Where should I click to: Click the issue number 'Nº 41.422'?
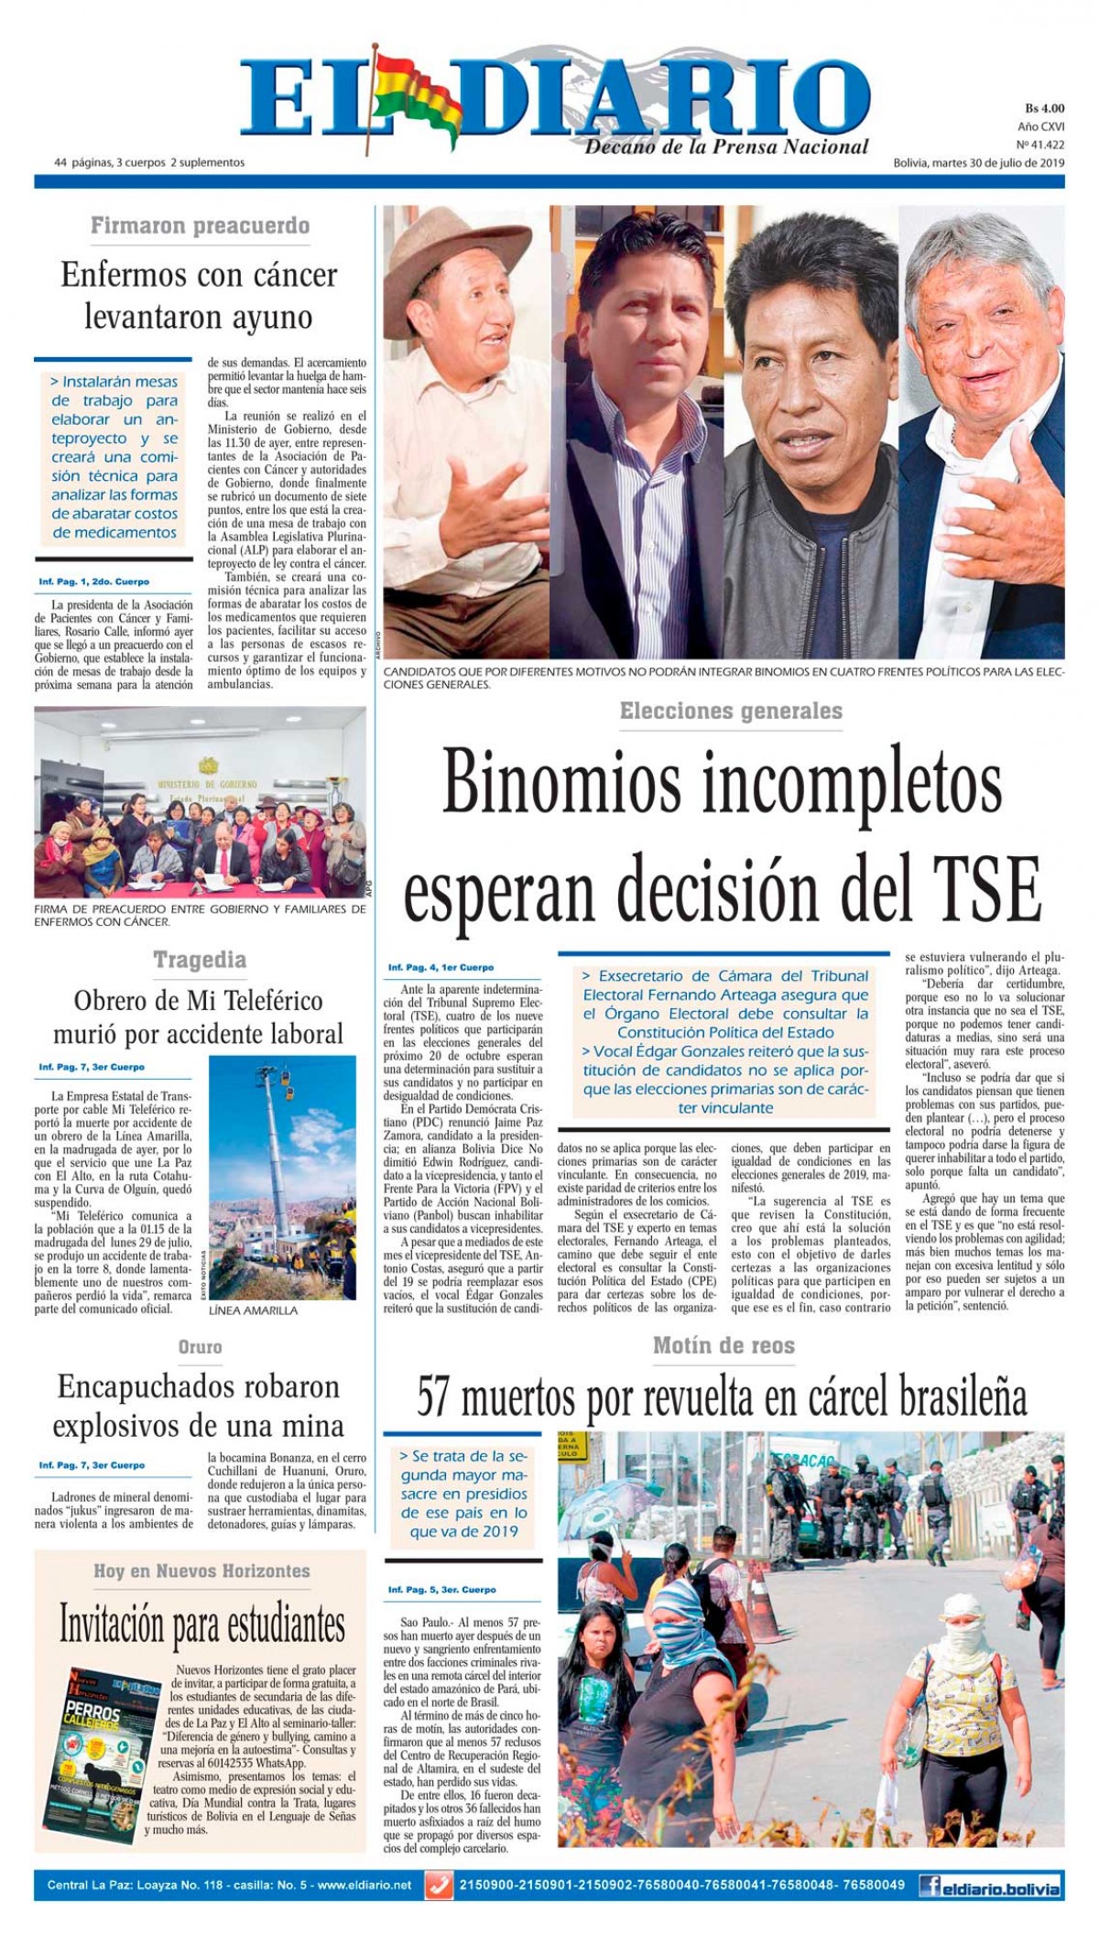point(1039,145)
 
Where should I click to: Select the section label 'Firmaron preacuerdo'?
point(200,225)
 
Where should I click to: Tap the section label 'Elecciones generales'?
point(730,710)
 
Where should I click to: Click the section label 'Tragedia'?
point(199,960)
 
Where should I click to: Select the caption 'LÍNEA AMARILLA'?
point(254,1310)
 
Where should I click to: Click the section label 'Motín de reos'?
point(724,1345)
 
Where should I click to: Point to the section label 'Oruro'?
point(200,1346)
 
